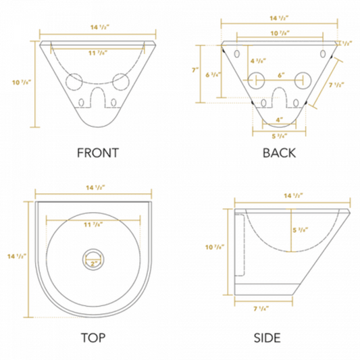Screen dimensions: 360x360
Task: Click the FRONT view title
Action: click(x=98, y=153)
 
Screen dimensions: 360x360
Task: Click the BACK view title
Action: click(x=279, y=153)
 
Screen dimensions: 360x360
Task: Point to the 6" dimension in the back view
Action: click(x=280, y=76)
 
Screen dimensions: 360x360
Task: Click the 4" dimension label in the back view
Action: click(x=280, y=120)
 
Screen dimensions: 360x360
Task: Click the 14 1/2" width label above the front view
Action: click(x=98, y=27)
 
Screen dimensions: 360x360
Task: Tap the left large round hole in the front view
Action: click(x=74, y=81)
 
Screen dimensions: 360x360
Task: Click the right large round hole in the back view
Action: click(x=303, y=81)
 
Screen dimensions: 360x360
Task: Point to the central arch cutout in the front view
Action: click(x=98, y=101)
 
